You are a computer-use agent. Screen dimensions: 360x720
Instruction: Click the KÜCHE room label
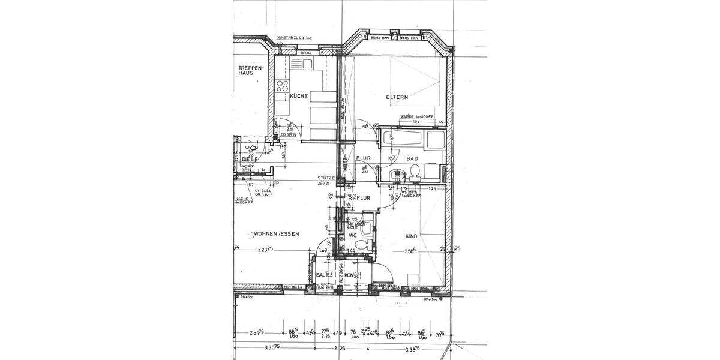coord(299,96)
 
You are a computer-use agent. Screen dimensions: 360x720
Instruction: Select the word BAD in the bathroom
coord(412,159)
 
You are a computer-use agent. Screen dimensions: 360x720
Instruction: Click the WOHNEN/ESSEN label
coord(276,234)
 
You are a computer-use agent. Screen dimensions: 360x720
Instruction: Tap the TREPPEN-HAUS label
coord(250,70)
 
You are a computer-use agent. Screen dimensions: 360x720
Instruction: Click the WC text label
coord(353,236)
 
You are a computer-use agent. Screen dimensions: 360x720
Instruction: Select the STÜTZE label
coord(327,178)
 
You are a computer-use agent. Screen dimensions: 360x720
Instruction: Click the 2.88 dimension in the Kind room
coord(410,250)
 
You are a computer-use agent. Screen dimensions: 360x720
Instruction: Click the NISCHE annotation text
coord(242,199)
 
